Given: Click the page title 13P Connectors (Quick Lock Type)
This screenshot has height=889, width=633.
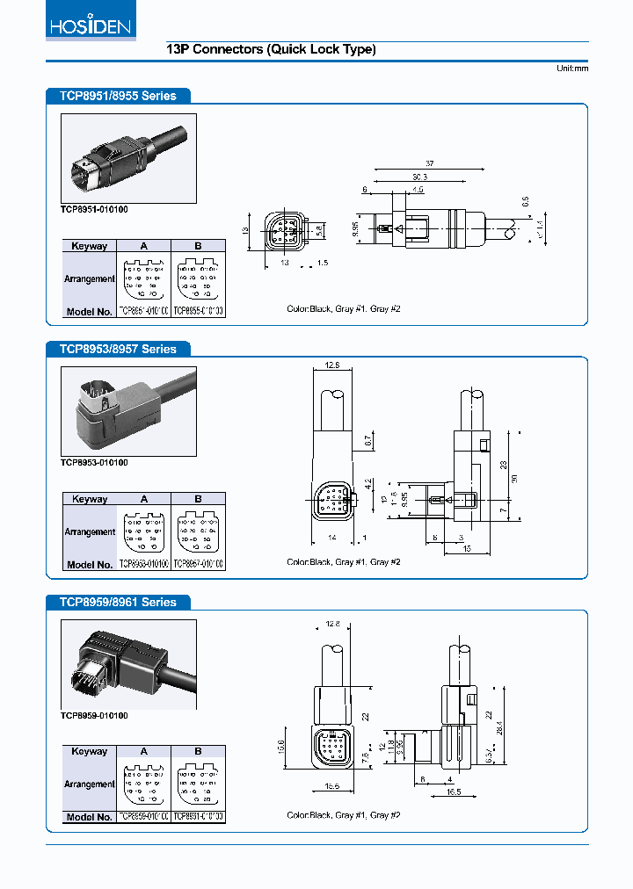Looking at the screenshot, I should point(271,50).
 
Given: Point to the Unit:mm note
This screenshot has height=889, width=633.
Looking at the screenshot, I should point(571,69).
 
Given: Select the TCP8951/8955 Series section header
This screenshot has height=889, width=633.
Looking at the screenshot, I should point(118,96).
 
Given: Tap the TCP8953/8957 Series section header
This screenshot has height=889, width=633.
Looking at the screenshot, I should point(118,349).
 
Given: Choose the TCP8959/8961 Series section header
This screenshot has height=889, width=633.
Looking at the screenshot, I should point(118,602).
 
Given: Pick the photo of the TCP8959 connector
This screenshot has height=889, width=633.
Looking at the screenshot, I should point(128,664).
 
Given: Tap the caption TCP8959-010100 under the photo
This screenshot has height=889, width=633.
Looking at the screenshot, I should point(94,716).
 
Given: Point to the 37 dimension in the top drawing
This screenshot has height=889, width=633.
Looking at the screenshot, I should point(430,163).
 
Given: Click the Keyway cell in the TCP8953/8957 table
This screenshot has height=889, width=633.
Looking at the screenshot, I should point(90,499).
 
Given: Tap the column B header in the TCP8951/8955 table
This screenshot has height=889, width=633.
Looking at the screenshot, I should point(198,246).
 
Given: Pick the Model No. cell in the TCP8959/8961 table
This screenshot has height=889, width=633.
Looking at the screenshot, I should point(90,817).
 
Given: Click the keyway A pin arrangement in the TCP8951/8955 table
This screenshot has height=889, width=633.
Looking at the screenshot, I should point(144,278).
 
